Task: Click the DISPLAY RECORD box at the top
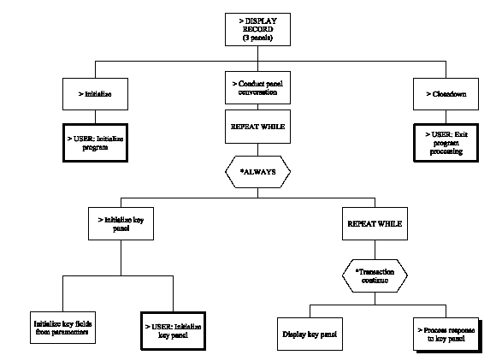[x=257, y=28]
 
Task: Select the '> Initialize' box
[x=94, y=94]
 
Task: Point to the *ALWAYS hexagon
[x=257, y=171]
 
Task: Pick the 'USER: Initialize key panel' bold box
[x=174, y=329]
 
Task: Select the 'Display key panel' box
[x=310, y=334]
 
